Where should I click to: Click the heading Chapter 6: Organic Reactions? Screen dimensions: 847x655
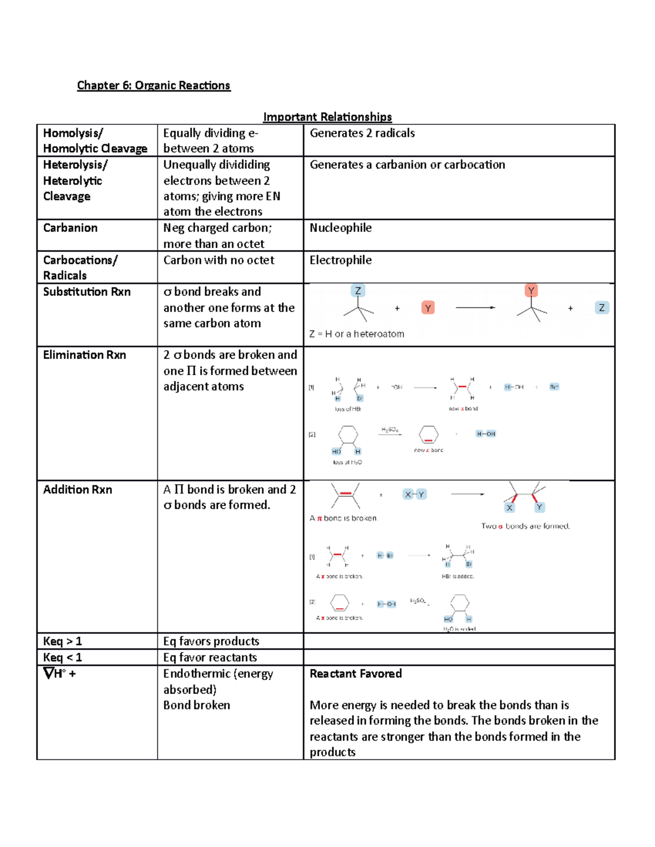coord(153,86)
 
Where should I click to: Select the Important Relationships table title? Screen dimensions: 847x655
coord(327,117)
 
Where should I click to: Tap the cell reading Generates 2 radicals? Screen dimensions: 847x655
coord(362,133)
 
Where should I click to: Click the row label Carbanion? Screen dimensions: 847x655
coord(70,228)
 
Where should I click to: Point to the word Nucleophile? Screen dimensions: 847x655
coord(341,228)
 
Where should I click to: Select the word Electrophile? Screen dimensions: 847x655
coord(341,260)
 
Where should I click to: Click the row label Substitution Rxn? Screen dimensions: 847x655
coord(87,292)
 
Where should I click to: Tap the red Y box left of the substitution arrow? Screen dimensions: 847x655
coord(428,308)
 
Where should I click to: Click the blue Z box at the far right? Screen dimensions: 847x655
coord(602,308)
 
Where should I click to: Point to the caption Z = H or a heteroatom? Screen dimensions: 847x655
coord(356,334)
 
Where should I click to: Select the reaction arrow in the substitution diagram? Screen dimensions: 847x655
coord(475,308)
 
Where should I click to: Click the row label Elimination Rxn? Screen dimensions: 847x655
coord(85,355)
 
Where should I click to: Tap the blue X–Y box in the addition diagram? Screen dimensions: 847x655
coord(414,495)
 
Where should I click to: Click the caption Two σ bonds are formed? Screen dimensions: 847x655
coord(525,526)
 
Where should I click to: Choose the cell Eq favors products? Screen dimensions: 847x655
coord(211,641)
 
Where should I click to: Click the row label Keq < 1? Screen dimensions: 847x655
coord(62,657)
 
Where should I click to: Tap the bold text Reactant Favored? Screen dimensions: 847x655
coord(355,674)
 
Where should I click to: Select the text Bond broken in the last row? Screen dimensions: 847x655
coord(196,705)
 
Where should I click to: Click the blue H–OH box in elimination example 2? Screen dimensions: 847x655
coord(485,434)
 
